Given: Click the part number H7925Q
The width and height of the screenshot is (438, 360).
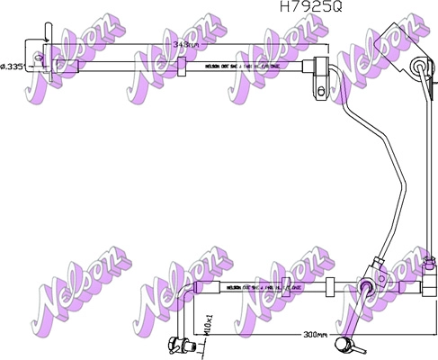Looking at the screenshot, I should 310,7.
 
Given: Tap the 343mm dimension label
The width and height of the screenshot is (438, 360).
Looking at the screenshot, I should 186,42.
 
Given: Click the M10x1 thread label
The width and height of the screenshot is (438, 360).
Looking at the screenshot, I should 209,322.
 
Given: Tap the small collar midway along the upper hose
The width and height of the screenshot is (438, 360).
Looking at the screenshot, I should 181,65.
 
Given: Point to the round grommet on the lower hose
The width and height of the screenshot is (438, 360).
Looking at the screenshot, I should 365,287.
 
